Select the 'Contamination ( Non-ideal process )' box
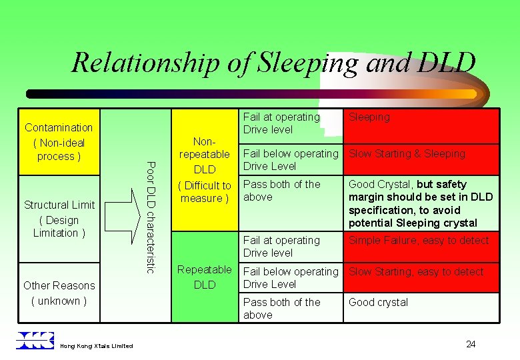click(x=59, y=141)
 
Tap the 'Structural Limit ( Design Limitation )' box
click(x=59, y=219)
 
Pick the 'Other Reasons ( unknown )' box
click(x=59, y=293)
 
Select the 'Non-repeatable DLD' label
click(x=205, y=170)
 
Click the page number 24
click(x=471, y=344)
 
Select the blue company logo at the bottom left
click(x=35, y=340)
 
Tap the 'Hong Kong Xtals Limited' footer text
click(x=96, y=345)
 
